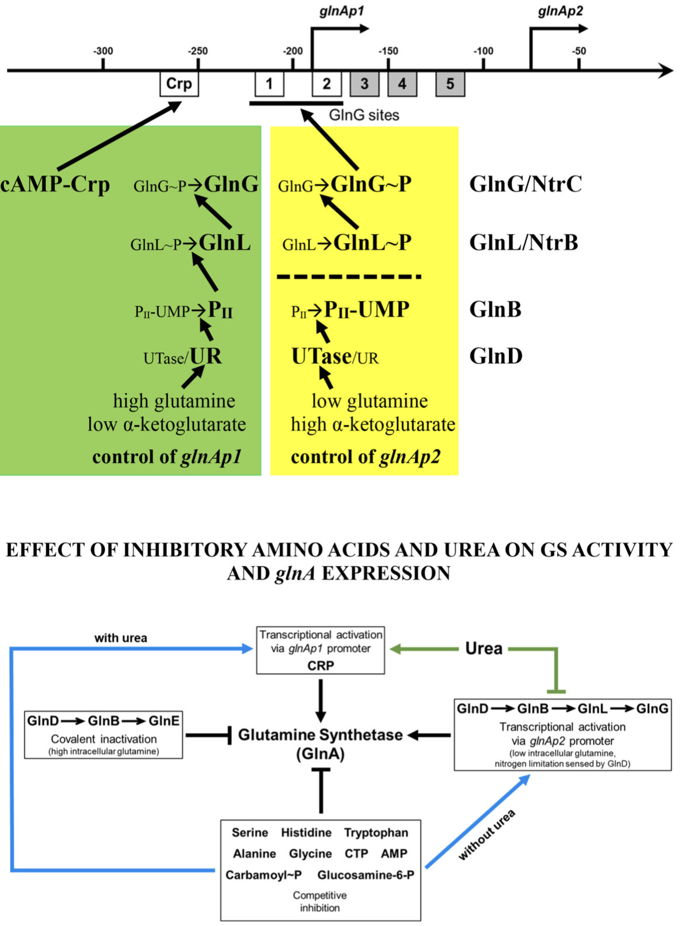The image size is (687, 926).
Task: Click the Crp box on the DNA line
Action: tap(179, 84)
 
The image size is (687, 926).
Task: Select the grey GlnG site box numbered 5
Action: tap(450, 84)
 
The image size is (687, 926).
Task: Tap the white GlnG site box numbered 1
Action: tap(269, 84)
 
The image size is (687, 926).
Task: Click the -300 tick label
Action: tap(103, 51)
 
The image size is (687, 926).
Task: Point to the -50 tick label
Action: tap(578, 51)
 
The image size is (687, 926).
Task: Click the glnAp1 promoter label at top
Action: tap(341, 11)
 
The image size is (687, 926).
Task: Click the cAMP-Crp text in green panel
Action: tap(55, 185)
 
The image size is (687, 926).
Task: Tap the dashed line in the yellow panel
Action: tap(349, 277)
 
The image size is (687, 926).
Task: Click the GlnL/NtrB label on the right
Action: tap(523, 243)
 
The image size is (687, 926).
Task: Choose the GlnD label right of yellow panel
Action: tap(495, 356)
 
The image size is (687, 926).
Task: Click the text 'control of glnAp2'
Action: tap(365, 457)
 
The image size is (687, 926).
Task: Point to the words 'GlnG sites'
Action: tap(364, 115)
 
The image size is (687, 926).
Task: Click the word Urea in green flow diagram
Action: tap(483, 648)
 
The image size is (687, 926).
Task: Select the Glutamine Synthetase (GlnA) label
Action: tap(320, 744)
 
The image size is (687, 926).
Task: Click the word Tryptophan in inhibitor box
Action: tap(376, 832)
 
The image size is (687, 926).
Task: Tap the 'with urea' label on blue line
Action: tap(120, 638)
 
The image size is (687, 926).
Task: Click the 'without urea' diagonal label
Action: tap(487, 835)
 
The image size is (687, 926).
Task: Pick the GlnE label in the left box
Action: tap(164, 721)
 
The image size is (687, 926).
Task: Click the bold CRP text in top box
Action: tap(320, 665)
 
